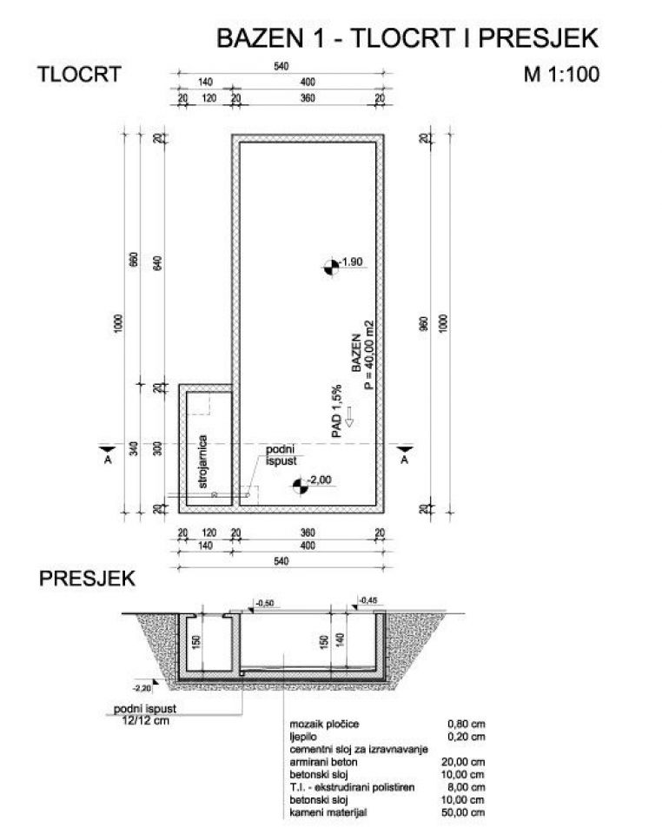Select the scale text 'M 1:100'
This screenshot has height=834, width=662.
(x=561, y=74)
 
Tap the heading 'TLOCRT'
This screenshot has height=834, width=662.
(x=79, y=74)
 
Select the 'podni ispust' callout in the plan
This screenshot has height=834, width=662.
(x=282, y=455)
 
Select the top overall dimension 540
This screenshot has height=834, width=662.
(x=281, y=67)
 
